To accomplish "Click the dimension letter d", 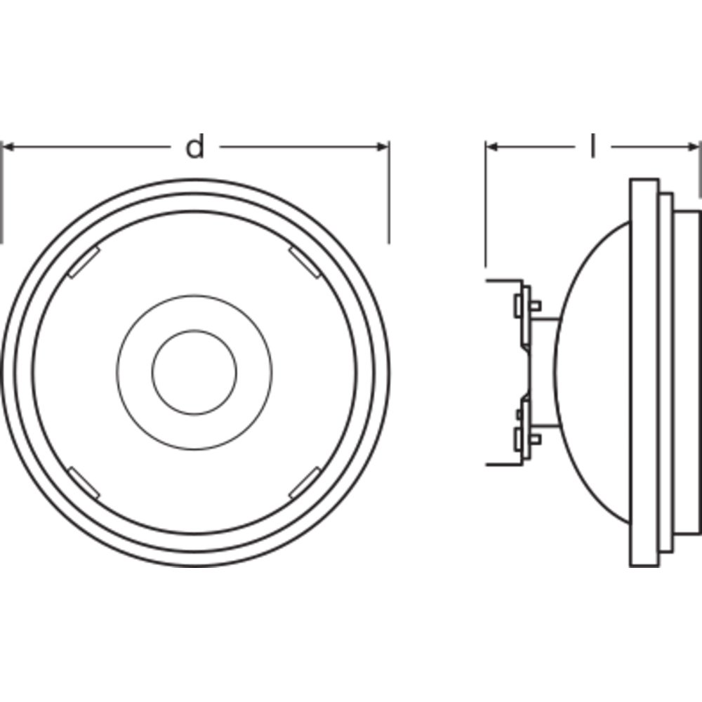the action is tap(194, 146).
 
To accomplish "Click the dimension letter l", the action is tap(592, 145).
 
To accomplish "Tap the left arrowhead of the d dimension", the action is tap(8, 147).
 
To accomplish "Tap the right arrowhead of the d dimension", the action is tap(383, 147).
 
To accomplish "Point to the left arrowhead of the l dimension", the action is tap(492, 147).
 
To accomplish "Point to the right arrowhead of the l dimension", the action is tap(694, 147).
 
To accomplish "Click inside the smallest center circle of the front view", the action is tap(194, 372).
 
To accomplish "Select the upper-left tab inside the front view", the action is tap(84, 262).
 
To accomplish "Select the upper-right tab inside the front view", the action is tap(305, 263).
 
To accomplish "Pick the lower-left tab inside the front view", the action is tap(84, 483).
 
